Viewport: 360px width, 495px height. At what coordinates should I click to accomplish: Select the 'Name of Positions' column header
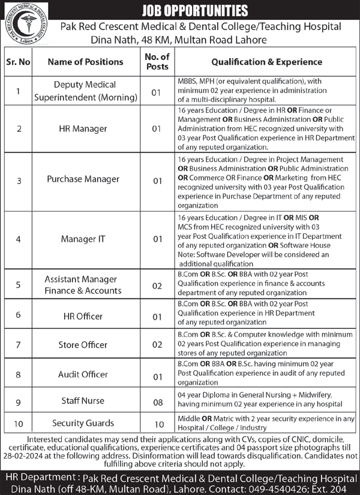85,62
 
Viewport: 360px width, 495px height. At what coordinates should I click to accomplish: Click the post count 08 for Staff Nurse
158,401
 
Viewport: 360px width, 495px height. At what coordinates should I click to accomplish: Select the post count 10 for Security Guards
158,424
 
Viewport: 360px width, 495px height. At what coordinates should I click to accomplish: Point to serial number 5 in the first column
19,285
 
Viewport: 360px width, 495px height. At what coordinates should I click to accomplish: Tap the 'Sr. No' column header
19,62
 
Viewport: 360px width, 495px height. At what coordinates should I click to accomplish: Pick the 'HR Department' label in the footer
37,477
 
